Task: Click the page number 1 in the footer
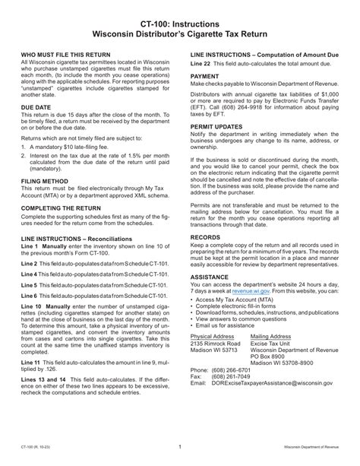tap(179, 448)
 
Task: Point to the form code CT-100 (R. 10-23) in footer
tap(34, 449)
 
